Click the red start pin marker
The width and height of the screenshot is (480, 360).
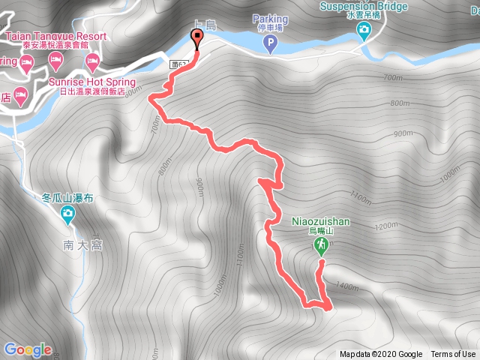click(197, 37)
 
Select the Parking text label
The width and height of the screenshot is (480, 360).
click(270, 18)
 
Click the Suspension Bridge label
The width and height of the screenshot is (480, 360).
click(363, 7)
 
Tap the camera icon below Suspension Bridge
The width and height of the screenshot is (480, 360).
click(364, 31)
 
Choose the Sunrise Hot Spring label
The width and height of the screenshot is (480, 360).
click(91, 82)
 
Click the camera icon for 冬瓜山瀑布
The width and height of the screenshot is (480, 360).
click(67, 216)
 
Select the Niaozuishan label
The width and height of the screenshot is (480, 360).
click(319, 222)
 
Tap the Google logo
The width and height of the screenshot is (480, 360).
click(28, 349)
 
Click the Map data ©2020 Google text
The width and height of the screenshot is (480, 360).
click(380, 355)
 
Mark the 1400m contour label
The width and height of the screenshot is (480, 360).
click(347, 286)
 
